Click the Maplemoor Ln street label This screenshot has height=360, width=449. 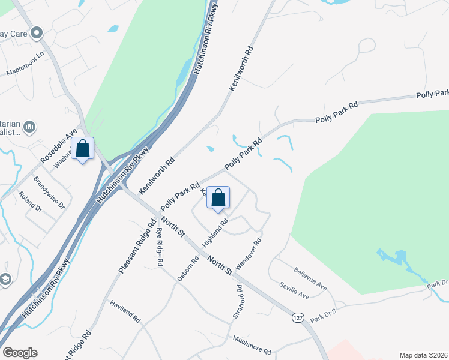(26, 63)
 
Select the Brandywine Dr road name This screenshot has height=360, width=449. (49, 191)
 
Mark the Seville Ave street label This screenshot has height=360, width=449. (294, 291)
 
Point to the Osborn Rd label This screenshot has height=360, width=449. (188, 269)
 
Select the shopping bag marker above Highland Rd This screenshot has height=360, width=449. (218, 197)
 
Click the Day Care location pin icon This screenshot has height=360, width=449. (37, 34)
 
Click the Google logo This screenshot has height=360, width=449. (20, 353)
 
